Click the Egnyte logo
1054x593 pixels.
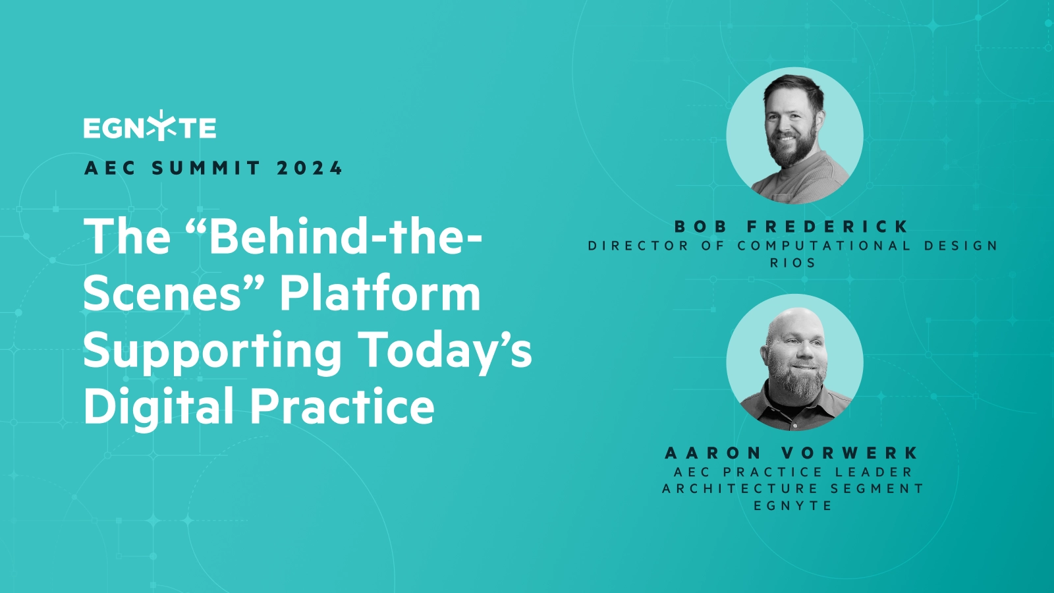point(150,127)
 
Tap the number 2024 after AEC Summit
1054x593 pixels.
point(310,169)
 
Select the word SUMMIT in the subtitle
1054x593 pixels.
point(206,169)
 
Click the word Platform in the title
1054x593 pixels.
point(380,293)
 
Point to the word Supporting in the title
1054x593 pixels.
point(212,351)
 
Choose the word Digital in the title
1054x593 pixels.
point(159,406)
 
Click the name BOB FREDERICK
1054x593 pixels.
point(792,227)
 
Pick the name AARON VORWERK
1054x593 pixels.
point(792,453)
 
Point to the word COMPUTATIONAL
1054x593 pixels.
point(824,246)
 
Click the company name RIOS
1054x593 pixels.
point(793,263)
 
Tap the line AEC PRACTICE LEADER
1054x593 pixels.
point(793,472)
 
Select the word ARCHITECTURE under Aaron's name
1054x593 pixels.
point(740,489)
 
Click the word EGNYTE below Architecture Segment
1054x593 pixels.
point(793,506)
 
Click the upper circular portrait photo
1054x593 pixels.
point(794,136)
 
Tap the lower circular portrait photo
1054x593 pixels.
point(794,362)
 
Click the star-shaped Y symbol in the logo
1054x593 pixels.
point(161,126)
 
